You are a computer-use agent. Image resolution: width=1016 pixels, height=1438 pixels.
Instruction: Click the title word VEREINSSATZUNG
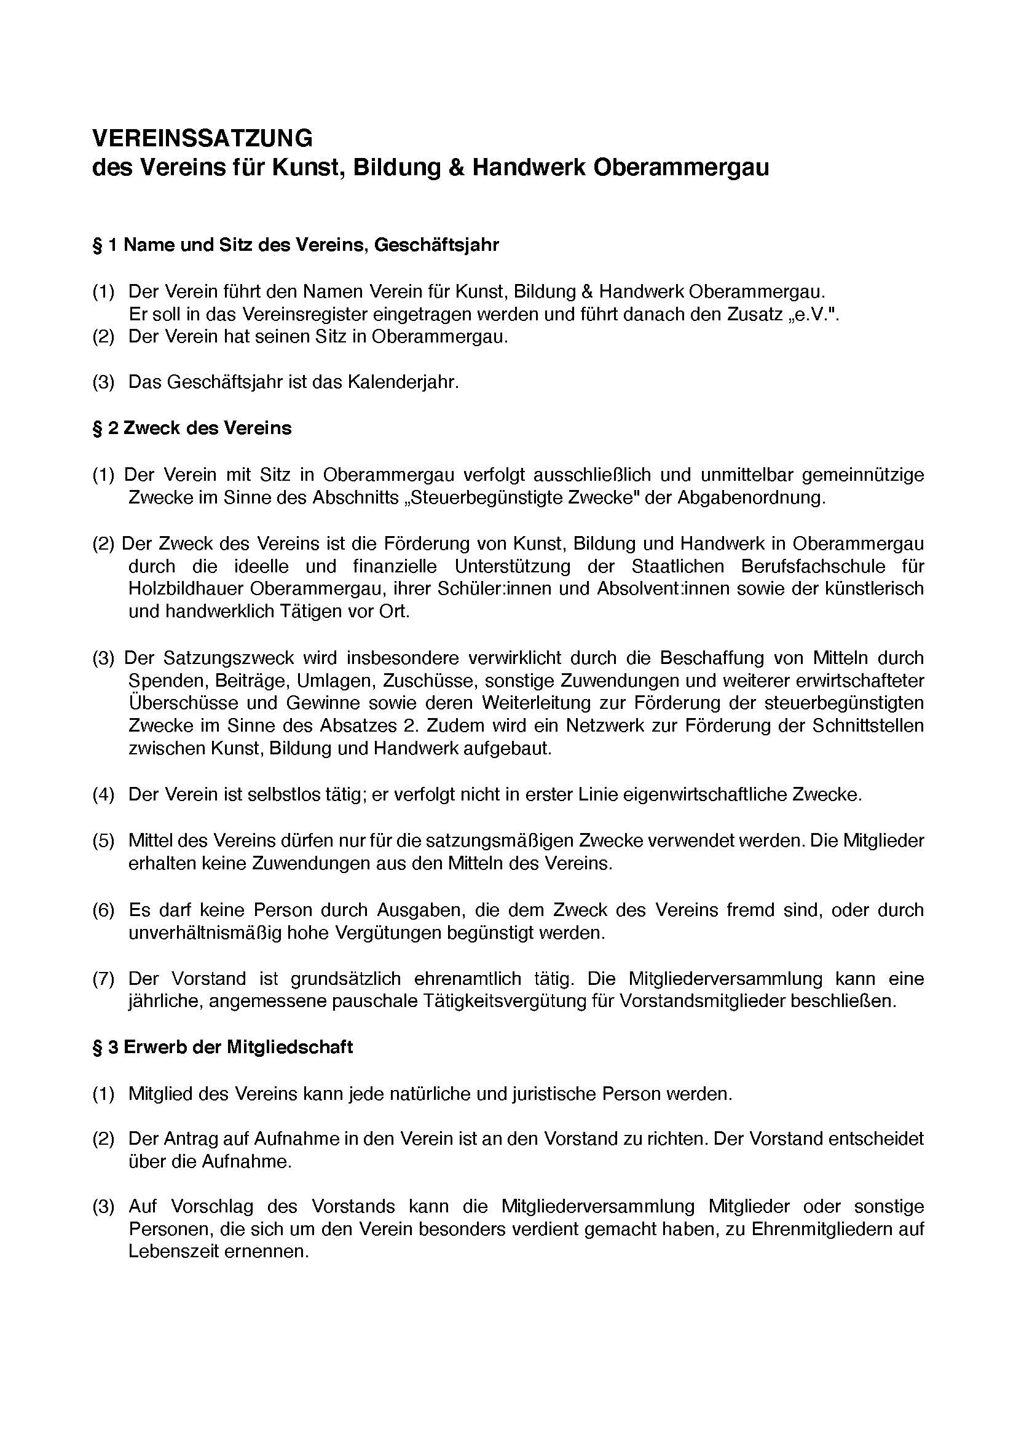tap(202, 138)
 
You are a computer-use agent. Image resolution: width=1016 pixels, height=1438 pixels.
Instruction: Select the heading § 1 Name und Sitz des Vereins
tap(296, 245)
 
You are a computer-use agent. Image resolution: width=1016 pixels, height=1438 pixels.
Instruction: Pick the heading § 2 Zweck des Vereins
tap(192, 429)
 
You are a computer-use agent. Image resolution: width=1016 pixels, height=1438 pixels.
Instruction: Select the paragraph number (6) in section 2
tap(103, 910)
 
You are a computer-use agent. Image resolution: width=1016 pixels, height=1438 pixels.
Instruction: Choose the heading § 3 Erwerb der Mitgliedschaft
tap(223, 1048)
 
